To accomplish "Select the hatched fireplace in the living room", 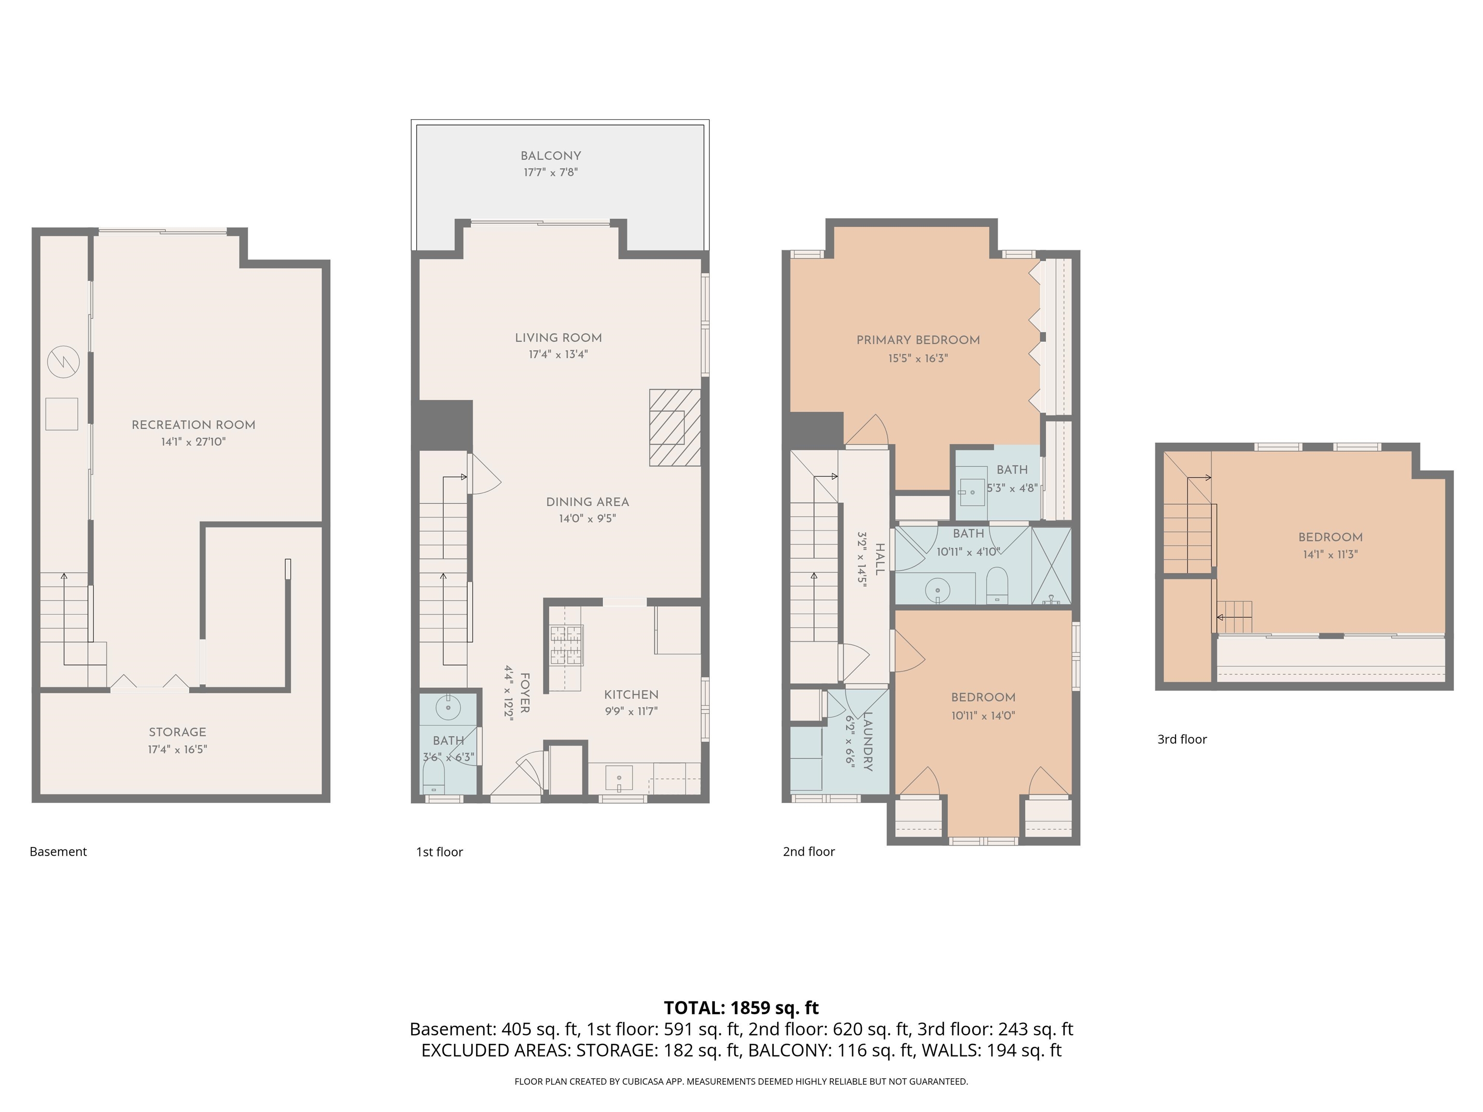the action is pos(674,428).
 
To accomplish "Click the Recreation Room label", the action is pos(193,425).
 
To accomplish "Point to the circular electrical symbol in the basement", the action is pos(63,362).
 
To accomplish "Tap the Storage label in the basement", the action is pos(178,732).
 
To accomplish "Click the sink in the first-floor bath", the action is pos(448,707).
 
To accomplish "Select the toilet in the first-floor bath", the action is pos(434,781).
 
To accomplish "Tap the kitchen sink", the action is pos(619,778).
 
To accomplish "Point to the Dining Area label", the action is pos(588,502).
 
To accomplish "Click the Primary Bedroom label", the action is pos(918,340).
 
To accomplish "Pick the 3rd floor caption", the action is pos(1182,739).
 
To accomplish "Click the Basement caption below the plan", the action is pos(58,852).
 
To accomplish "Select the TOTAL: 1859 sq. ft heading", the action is pos(741,1007).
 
